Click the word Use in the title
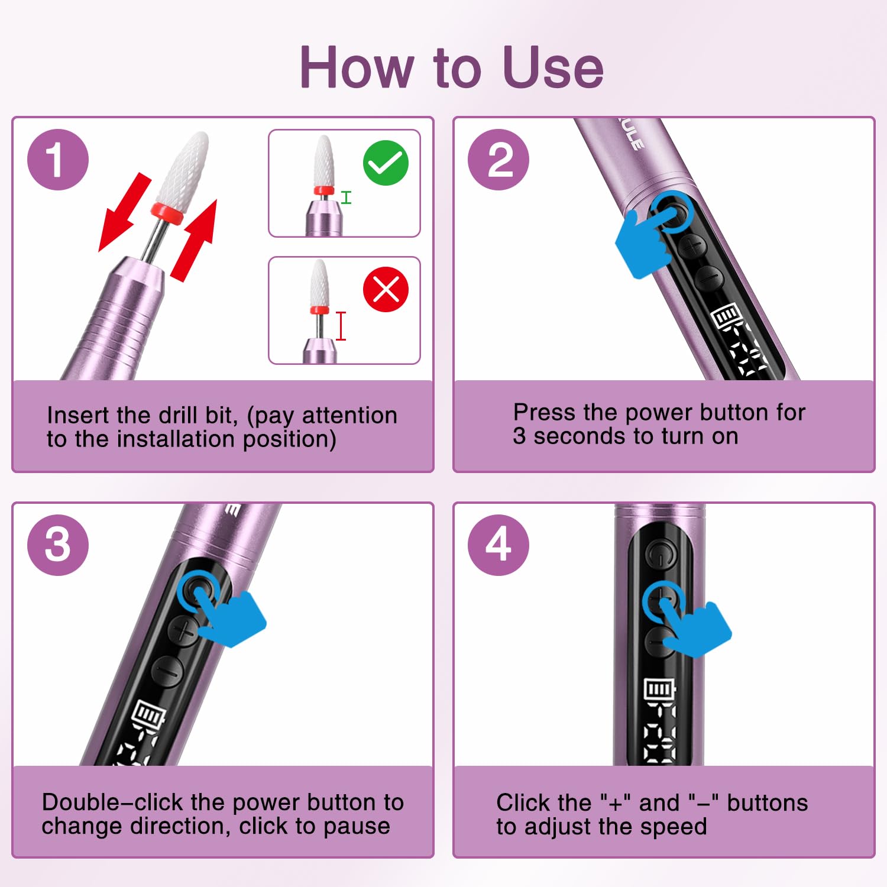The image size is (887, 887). [x=553, y=67]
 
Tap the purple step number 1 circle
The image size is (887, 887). [x=58, y=160]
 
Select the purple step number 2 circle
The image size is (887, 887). [x=498, y=160]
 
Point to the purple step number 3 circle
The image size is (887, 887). [x=58, y=545]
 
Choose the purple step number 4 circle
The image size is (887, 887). [x=498, y=545]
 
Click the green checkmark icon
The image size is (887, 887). [x=386, y=163]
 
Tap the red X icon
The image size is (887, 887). [x=386, y=290]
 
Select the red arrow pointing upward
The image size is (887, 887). [x=196, y=239]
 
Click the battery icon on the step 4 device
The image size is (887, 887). [x=658, y=689]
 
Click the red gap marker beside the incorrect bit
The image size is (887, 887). [x=341, y=326]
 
